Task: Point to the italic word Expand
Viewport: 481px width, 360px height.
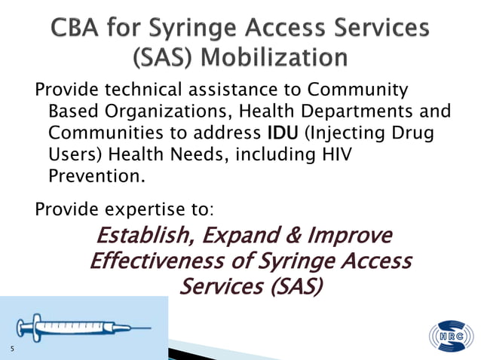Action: tap(244, 236)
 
